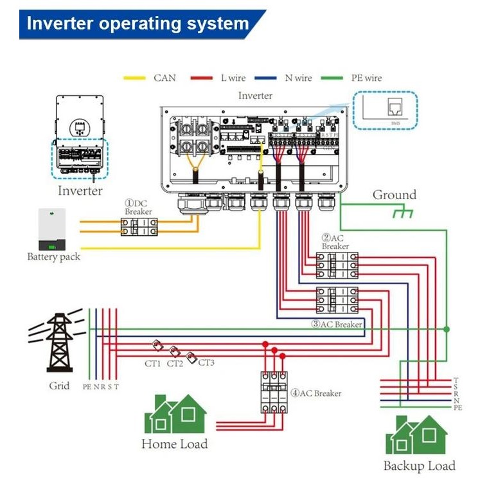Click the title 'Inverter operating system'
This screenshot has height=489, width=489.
138,24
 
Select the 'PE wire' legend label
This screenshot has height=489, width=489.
366,78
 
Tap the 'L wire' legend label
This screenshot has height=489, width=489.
233,78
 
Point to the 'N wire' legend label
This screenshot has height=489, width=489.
298,78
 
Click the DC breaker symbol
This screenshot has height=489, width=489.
139,226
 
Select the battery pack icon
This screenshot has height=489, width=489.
52,230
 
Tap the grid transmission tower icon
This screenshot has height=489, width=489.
58,342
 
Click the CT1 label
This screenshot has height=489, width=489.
152,364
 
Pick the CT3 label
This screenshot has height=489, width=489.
206,362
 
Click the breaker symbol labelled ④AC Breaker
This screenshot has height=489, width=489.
272,392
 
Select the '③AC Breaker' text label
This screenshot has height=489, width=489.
337,325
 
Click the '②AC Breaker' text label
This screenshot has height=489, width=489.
335,242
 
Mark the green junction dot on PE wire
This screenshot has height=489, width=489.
447,329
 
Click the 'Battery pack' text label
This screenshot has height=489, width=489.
53,257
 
